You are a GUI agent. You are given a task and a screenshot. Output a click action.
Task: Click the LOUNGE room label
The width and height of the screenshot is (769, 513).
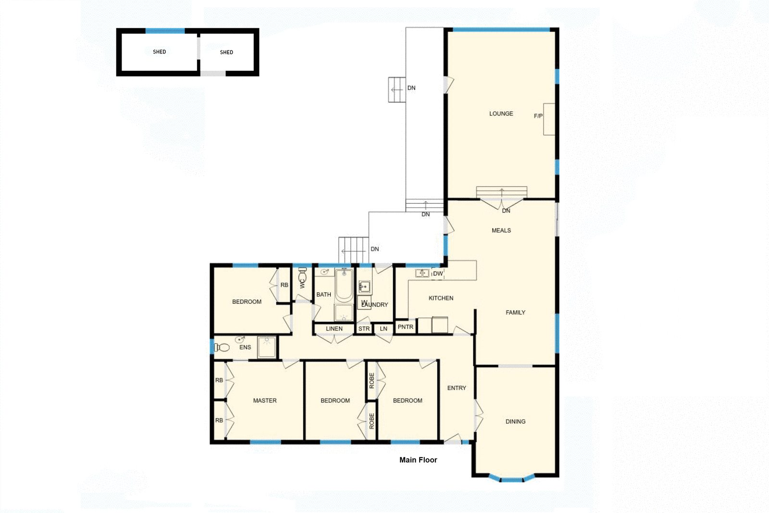tap(501, 114)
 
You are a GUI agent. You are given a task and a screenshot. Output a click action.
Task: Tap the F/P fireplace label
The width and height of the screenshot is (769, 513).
tap(538, 116)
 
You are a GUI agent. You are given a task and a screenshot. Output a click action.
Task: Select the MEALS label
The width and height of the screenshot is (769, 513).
tap(501, 231)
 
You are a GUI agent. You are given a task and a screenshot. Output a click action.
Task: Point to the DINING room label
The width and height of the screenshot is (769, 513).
tap(515, 422)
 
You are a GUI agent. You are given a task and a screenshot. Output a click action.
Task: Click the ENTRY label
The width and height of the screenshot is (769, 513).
tap(457, 388)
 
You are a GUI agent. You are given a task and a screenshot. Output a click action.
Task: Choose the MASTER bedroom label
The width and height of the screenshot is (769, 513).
tap(265, 400)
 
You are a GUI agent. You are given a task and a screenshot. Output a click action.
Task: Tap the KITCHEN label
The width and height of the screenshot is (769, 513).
tap(441, 299)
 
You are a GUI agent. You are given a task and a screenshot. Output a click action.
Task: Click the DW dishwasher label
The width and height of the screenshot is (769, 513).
tap(438, 274)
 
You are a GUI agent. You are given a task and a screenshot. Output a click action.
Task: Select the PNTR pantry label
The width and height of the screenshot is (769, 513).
tap(405, 327)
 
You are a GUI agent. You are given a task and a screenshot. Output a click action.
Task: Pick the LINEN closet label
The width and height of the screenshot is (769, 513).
tap(334, 329)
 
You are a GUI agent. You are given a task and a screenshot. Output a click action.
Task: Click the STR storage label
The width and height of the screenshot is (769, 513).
tap(364, 329)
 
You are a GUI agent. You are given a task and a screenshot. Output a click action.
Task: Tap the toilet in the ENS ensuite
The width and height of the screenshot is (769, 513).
tap(221, 347)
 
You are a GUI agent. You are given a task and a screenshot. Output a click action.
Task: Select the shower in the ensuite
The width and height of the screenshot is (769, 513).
tap(267, 347)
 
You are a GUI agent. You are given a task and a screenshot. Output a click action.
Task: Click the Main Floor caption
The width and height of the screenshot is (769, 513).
tap(418, 460)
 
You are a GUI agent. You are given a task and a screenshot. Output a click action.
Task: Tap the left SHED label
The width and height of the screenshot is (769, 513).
tap(159, 52)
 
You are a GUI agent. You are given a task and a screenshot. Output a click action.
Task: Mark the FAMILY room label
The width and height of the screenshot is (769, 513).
tap(515, 313)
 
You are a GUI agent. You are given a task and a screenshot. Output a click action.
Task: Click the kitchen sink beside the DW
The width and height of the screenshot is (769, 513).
tap(422, 274)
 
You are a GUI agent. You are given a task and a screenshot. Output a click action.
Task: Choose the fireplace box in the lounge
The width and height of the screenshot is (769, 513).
tap(549, 119)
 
